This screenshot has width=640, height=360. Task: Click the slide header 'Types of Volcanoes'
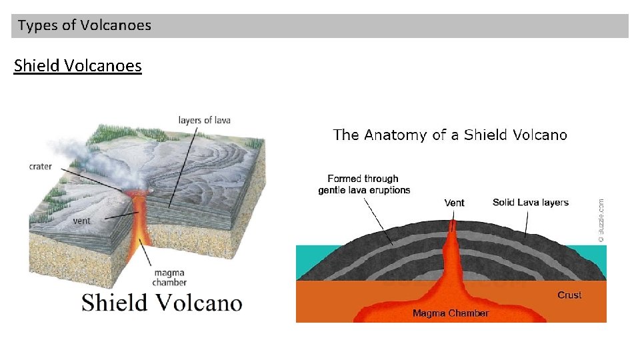coord(85,26)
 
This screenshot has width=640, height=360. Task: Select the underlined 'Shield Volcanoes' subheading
coord(78,66)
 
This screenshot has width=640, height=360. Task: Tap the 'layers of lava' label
coord(204,120)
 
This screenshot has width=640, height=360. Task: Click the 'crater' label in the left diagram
coord(41,166)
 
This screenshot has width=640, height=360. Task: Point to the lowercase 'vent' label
coord(81,220)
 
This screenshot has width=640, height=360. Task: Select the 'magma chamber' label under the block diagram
coord(169,278)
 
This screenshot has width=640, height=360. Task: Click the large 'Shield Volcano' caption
coord(161,303)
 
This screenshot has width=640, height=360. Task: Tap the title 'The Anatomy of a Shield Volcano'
coord(450,135)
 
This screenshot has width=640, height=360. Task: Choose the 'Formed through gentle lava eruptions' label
coord(364,184)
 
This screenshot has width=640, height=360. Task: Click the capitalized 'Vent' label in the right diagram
coord(454,203)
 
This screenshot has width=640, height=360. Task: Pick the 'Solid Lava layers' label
coord(531,202)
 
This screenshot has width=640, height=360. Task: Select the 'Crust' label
coord(569,295)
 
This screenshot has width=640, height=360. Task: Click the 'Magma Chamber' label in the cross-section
coord(451,313)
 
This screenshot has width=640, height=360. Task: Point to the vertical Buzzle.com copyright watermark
coord(601,220)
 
